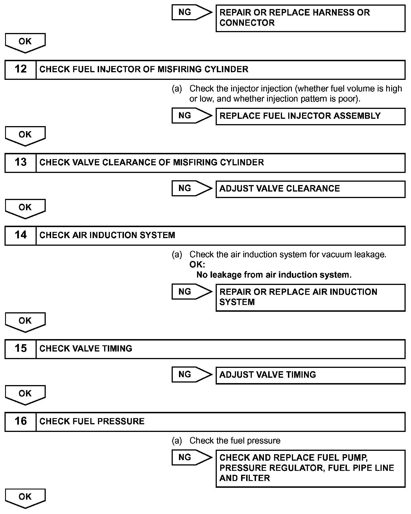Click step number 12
(x=20, y=69)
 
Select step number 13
(x=20, y=162)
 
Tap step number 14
(x=20, y=235)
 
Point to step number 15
(x=20, y=349)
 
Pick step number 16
(x=20, y=421)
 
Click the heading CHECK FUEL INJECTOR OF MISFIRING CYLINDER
(x=144, y=69)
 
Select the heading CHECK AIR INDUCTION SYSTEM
(x=107, y=235)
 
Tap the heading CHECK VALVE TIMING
(x=86, y=349)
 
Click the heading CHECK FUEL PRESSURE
(x=92, y=421)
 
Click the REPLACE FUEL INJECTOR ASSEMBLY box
(x=310, y=116)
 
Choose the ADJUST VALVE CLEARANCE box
(x=310, y=189)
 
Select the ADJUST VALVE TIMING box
(x=310, y=375)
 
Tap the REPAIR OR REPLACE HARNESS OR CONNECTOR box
(x=310, y=18)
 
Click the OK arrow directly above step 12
(x=25, y=42)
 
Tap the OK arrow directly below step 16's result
(x=25, y=498)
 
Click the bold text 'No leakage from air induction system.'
(x=274, y=275)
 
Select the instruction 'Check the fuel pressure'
(x=235, y=441)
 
